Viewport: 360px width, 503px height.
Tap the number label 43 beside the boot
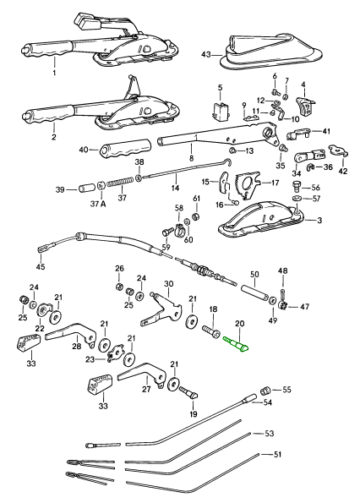[206, 55]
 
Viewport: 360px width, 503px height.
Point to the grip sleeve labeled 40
[125, 148]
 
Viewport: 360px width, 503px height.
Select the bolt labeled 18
[211, 331]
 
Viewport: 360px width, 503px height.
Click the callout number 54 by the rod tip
[267, 402]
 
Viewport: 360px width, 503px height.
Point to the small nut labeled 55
[265, 391]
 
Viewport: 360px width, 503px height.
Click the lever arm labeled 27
[142, 375]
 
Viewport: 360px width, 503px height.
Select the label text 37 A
[98, 204]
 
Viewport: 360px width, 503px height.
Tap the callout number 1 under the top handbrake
[54, 73]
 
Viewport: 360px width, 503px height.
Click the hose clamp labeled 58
[179, 229]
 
